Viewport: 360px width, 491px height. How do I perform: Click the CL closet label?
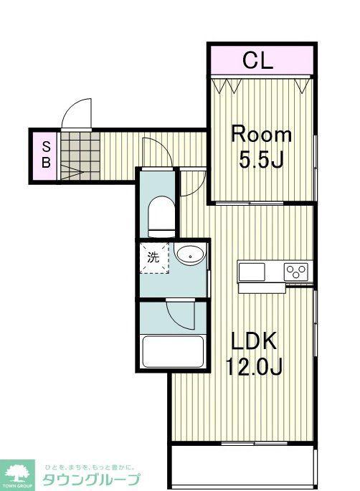pos(258,60)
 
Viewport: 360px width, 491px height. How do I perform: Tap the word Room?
pos(261,135)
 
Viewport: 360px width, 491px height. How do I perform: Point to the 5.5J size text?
pos(261,159)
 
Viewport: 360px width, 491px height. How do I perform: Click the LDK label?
pos(254,340)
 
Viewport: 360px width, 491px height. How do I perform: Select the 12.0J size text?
pos(254,366)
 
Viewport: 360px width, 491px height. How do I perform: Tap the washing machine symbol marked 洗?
pos(154,257)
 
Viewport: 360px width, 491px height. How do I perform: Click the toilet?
pos(161,216)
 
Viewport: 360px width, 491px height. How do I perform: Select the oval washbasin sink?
pos(190,254)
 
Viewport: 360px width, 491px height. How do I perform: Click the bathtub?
pos(173,352)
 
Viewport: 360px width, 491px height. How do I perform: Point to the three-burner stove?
pos(296,272)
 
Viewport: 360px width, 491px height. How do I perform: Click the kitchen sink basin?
pos(252,272)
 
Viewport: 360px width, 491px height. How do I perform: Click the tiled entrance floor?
pos(80,156)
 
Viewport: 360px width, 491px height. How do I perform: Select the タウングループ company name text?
pos(91,480)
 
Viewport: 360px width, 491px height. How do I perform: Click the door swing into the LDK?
pos(192,183)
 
